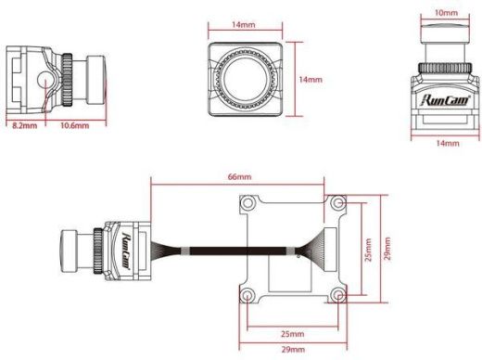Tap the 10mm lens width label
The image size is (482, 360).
(x=445, y=13)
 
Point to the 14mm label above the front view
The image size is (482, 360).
(x=245, y=23)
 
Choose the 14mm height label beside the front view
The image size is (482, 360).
(x=312, y=81)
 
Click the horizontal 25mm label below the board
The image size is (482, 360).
(x=291, y=333)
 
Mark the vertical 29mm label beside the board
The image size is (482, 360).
(x=388, y=249)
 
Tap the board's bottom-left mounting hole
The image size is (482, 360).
(x=248, y=295)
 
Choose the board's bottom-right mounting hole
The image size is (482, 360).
(x=336, y=295)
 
